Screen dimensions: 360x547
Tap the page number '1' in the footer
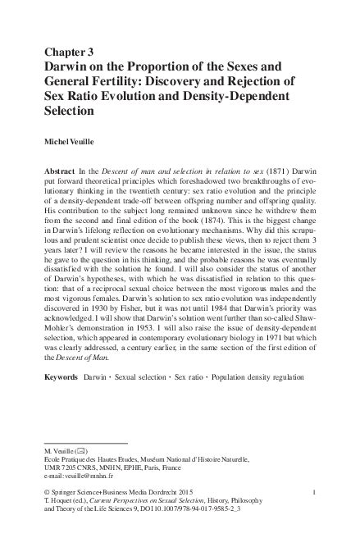(x=314, y=492)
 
